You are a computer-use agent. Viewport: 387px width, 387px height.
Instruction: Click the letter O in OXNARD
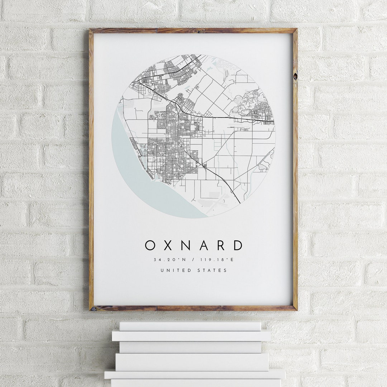(150, 245)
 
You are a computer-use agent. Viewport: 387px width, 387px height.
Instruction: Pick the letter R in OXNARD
(221, 245)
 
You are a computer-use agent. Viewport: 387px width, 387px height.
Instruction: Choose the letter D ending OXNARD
(238, 245)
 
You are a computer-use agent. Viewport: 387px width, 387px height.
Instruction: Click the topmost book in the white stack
(190, 326)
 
